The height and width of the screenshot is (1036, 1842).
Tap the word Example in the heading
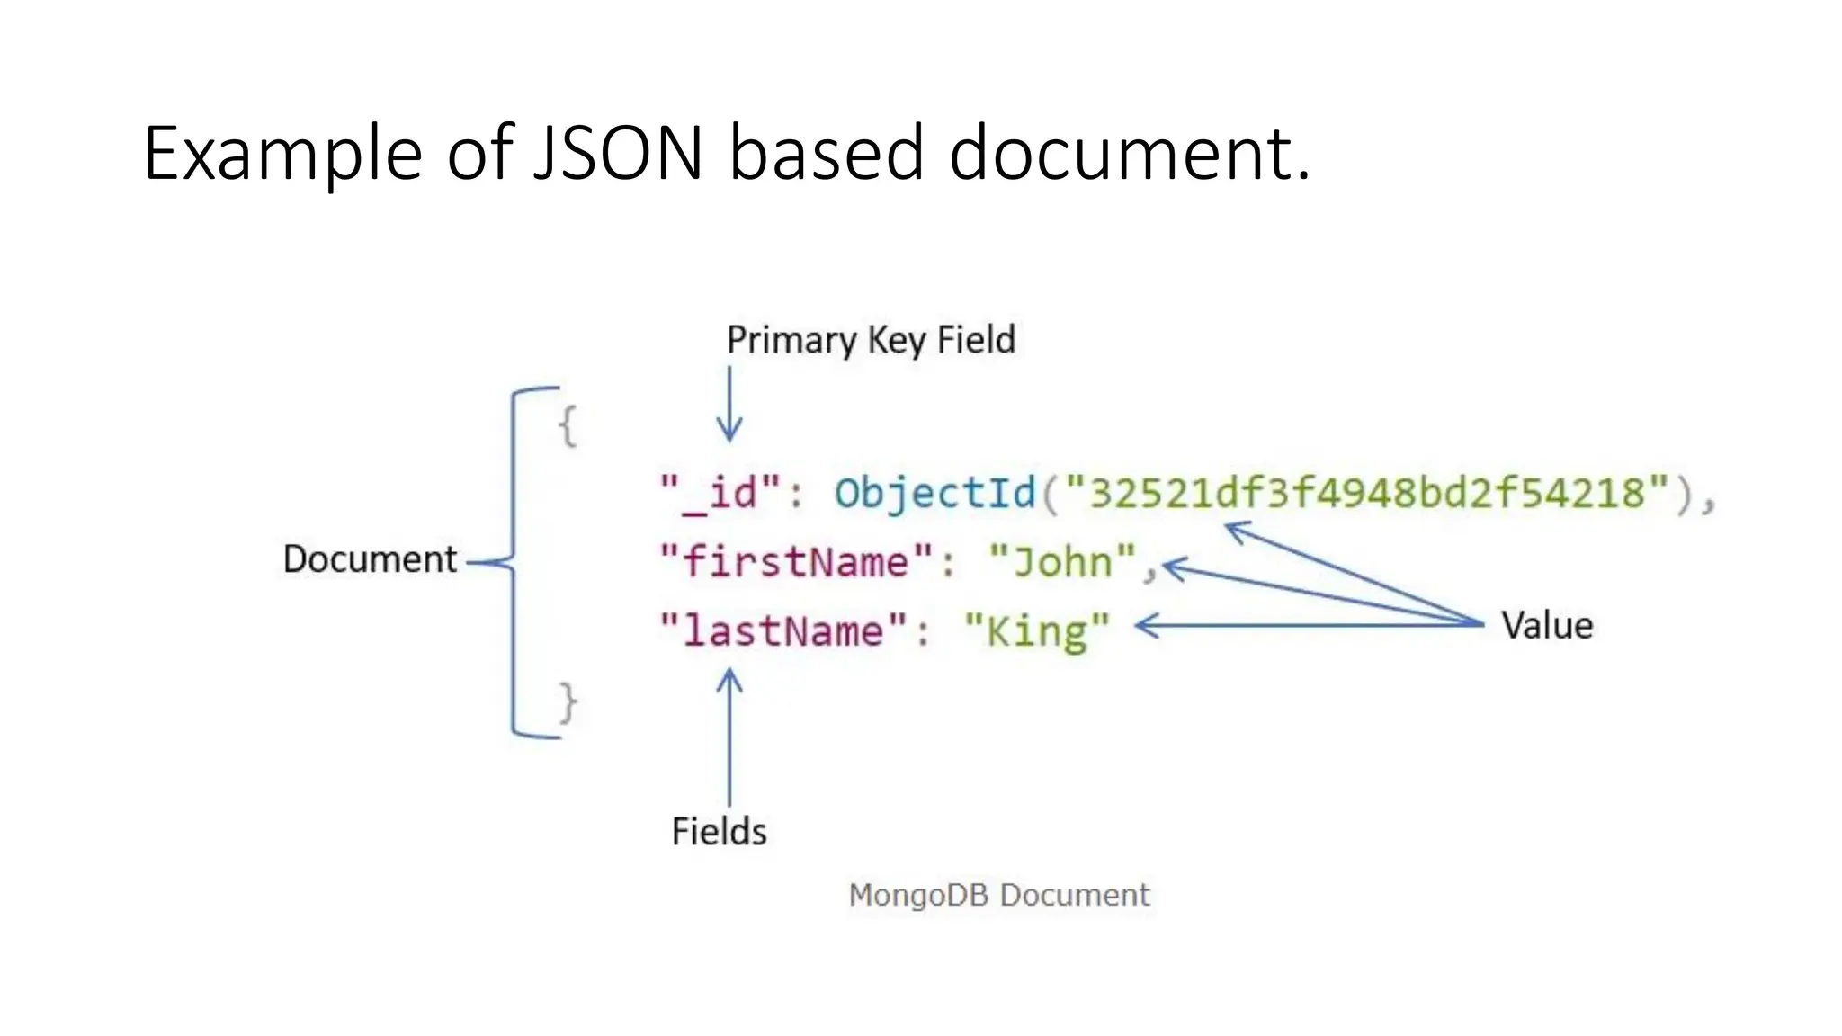click(282, 155)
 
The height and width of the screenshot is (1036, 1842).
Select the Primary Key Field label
click(871, 340)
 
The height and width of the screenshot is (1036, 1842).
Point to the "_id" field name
click(720, 493)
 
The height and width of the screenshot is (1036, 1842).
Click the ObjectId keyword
click(935, 493)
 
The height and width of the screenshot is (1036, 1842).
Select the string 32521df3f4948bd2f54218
click(1367, 493)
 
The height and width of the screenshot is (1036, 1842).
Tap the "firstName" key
click(797, 562)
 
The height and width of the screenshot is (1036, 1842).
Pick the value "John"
click(1062, 562)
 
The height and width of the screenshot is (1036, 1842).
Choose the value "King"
click(1037, 630)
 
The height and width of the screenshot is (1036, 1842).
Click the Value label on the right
click(1547, 625)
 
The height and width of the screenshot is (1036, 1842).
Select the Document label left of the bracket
click(370, 559)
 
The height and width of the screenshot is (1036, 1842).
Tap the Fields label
click(719, 831)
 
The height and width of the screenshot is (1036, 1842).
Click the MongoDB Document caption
click(999, 895)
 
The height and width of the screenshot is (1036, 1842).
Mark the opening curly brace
click(568, 425)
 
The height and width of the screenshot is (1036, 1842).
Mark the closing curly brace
click(568, 702)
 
